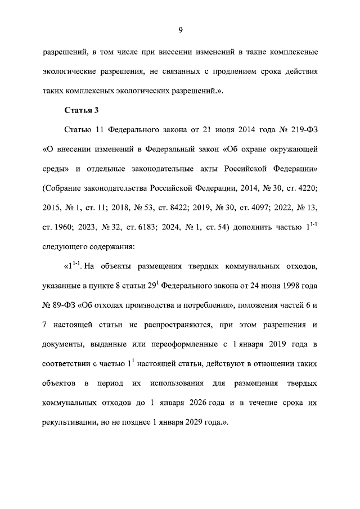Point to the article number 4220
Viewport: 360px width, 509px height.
[x=309, y=187]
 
